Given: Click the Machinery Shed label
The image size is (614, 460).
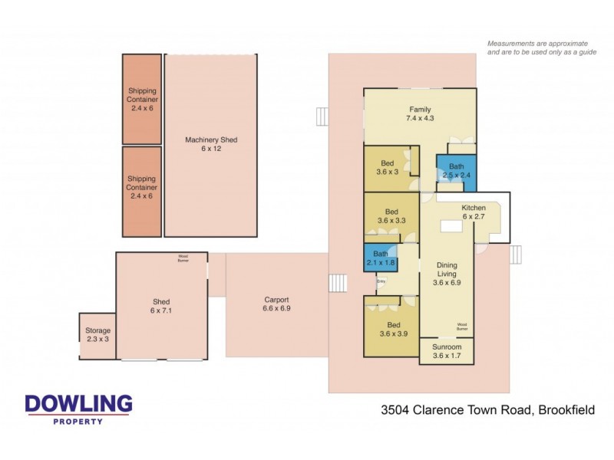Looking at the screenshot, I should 211,145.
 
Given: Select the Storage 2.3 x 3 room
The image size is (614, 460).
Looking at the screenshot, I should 97,335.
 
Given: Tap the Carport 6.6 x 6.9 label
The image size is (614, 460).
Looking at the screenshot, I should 276,304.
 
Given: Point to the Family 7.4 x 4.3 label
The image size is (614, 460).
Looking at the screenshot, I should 419,113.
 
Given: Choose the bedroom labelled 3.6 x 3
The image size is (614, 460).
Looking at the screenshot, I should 388,168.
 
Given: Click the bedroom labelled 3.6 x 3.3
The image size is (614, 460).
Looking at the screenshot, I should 391,216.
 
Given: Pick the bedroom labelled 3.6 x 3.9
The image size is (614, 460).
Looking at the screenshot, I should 391,329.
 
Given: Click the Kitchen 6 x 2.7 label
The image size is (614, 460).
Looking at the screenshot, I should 473,213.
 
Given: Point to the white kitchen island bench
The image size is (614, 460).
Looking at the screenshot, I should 449,226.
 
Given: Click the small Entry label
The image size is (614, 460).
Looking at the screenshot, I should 381,281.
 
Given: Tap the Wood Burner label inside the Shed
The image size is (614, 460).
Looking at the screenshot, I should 183,258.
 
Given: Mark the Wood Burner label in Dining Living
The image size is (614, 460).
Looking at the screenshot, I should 463,326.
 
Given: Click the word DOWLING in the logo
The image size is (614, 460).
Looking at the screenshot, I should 78,405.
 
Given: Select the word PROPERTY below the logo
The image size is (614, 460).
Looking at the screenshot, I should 78,421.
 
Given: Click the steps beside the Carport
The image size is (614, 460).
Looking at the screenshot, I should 338,283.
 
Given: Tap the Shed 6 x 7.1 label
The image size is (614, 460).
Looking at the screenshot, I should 160,306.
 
